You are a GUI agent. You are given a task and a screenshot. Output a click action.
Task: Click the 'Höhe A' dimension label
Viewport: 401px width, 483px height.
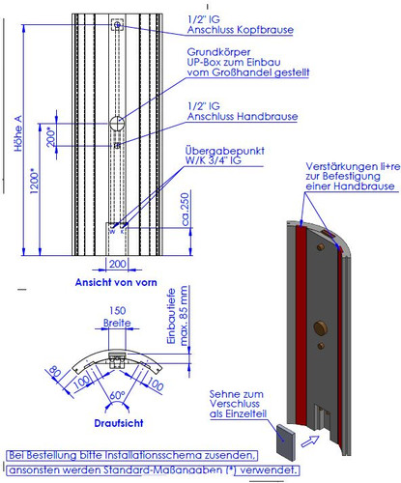coord(18,133)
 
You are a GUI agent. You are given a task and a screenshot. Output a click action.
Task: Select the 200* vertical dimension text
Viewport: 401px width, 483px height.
coord(51,137)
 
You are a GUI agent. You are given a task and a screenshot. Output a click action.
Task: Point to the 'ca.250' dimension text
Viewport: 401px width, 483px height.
coord(186,210)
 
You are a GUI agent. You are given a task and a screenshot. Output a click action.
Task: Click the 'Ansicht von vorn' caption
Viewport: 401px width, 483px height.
coord(116,282)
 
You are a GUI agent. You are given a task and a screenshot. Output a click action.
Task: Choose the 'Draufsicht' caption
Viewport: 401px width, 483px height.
coord(119,423)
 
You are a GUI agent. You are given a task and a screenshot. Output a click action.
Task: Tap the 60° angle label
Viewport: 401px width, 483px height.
coord(117,395)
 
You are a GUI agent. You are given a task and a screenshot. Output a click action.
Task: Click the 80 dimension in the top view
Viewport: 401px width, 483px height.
coord(55,372)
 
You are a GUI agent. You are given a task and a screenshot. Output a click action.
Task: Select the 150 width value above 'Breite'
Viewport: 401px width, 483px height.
coord(117,311)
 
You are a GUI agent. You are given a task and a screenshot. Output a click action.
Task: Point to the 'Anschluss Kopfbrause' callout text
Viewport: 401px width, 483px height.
coord(241,30)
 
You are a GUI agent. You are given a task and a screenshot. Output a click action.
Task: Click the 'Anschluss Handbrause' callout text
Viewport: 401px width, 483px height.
coord(243,116)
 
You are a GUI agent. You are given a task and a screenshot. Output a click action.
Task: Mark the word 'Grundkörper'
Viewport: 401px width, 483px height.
coord(218,52)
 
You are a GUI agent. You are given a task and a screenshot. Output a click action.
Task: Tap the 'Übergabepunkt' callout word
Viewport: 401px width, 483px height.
coord(225,151)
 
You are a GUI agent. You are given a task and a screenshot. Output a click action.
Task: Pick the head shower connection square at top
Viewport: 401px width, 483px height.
coord(117,24)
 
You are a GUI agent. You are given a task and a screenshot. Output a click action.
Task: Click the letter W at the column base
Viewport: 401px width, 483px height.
coord(112,232)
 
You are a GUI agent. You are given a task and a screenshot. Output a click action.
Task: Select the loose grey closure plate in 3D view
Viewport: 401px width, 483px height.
coord(286,441)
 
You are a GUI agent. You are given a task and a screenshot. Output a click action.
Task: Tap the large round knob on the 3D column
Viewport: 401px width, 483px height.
coord(321,328)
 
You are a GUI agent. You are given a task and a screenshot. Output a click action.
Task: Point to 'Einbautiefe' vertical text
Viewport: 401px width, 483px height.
coord(171,316)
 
